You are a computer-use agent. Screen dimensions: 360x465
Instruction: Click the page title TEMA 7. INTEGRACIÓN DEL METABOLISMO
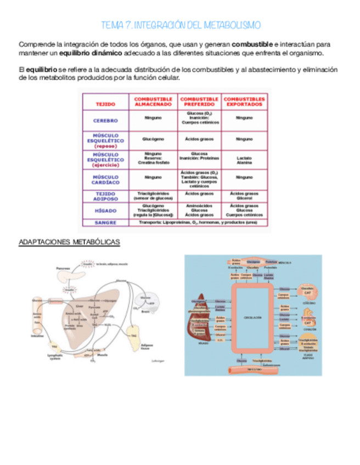click(x=181, y=25)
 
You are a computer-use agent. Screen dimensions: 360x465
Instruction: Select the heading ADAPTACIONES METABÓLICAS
click(x=69, y=242)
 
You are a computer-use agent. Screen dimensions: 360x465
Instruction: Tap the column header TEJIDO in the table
click(x=105, y=103)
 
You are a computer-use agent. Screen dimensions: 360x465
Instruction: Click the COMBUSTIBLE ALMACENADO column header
click(x=153, y=101)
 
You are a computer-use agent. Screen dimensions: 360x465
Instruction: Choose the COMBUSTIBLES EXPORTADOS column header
click(x=244, y=101)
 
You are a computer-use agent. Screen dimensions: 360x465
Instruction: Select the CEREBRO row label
click(x=105, y=120)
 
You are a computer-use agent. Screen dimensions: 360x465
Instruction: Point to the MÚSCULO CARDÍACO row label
click(x=105, y=180)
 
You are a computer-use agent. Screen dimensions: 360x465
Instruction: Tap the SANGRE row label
click(x=105, y=223)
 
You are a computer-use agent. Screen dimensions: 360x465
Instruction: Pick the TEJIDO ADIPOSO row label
click(x=105, y=196)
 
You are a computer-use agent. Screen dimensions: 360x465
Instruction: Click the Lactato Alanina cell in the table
click(x=244, y=160)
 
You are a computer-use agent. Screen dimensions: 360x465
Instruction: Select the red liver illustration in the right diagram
click(x=198, y=324)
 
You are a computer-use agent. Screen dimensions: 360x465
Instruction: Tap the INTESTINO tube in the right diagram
click(x=252, y=368)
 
